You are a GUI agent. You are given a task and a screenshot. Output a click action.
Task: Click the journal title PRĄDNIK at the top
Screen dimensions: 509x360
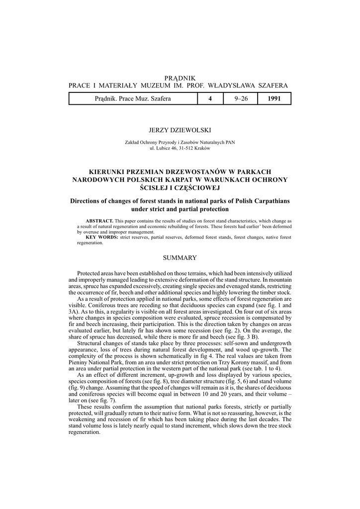coord(180,78)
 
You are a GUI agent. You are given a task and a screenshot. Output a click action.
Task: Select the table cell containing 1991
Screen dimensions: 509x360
coord(274,99)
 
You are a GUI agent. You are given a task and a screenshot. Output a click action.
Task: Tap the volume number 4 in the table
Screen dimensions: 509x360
coord(210,99)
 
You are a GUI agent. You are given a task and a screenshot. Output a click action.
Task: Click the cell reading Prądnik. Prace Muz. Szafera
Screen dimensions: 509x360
coord(133,99)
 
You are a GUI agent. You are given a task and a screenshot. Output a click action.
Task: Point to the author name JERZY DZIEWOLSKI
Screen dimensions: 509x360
coord(180,130)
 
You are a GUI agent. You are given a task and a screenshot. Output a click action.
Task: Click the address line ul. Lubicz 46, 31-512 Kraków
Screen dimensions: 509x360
coord(180,149)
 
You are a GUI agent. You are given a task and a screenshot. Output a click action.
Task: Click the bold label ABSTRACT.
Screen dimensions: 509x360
coord(99,220)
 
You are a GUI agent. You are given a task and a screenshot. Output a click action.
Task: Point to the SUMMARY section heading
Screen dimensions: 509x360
coord(180,257)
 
